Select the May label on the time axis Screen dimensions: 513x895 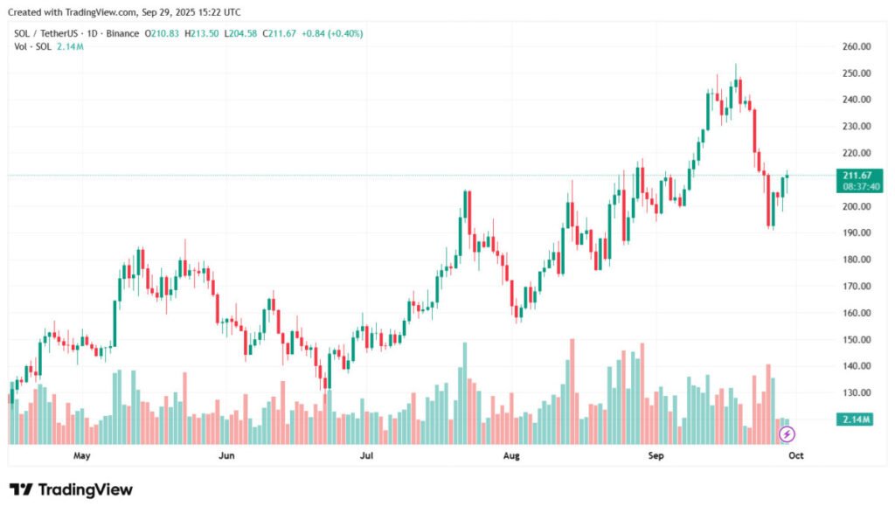tap(82, 455)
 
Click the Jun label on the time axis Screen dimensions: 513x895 tap(226, 455)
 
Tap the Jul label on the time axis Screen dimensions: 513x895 tap(366, 455)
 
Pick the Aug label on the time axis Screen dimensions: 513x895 tap(512, 455)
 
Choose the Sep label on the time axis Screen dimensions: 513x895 tap(656, 455)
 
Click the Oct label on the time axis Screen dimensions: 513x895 tap(795, 455)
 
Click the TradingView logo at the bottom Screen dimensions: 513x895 tap(72, 489)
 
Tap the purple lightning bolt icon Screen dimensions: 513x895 tap(786, 433)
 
